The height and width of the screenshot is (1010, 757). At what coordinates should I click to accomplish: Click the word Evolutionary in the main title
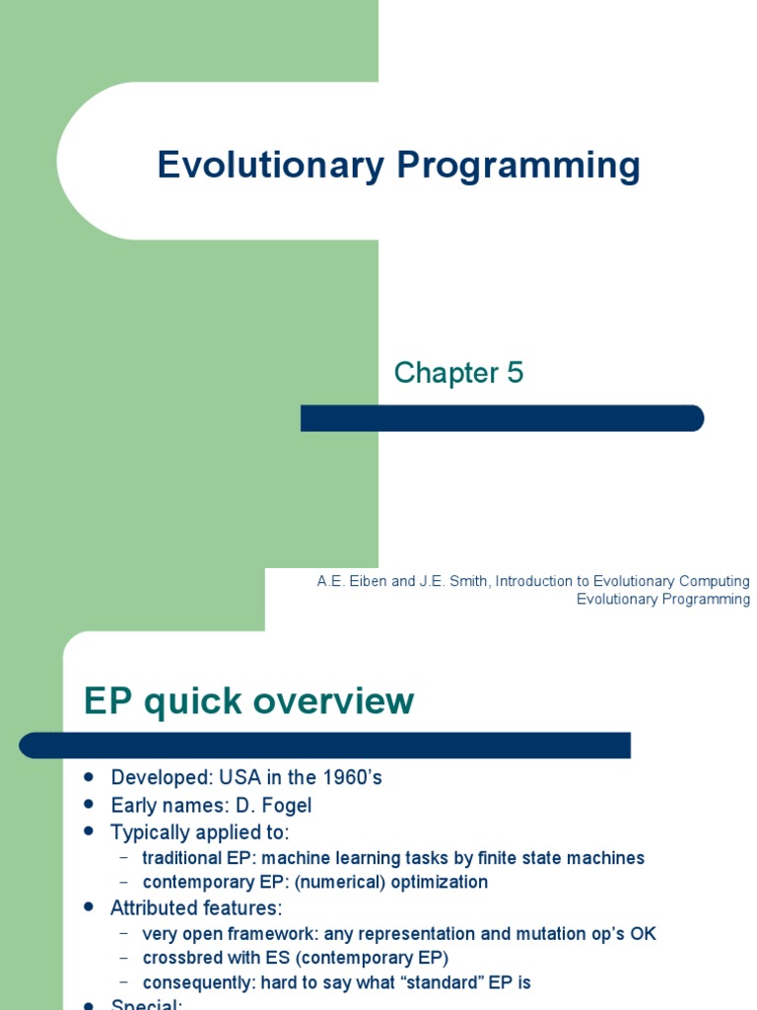coord(270,166)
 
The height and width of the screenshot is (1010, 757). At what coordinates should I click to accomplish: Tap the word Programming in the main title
coord(518,166)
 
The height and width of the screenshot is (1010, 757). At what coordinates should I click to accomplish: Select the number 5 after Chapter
coord(516,373)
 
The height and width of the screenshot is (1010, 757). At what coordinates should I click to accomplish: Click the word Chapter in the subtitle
coord(446,373)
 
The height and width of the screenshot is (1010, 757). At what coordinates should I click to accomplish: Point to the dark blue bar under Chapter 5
coord(502,418)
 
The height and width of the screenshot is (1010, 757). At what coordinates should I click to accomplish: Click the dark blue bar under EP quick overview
coord(325,746)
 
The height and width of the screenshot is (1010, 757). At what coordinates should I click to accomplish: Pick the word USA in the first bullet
coord(226,777)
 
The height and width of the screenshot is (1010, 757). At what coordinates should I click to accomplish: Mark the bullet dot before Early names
coord(90,805)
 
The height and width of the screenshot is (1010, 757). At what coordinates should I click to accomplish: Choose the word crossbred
coord(183,957)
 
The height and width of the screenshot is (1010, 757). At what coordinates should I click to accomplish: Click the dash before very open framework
coord(124,933)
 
